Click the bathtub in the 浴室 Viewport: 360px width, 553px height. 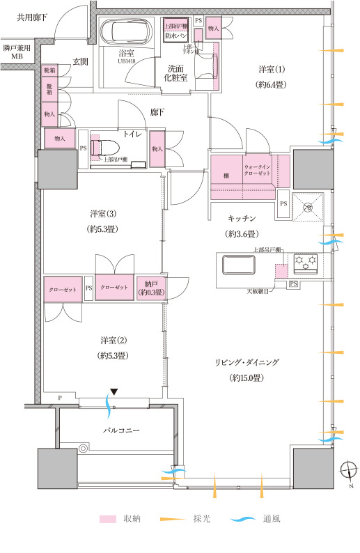point(127,33)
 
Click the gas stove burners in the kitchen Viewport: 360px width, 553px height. point(306,263)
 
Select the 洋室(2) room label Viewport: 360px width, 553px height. point(112,347)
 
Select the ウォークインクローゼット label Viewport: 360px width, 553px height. point(257,171)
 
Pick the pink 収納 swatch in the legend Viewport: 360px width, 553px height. point(107,520)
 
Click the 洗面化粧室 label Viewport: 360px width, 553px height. point(175,72)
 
